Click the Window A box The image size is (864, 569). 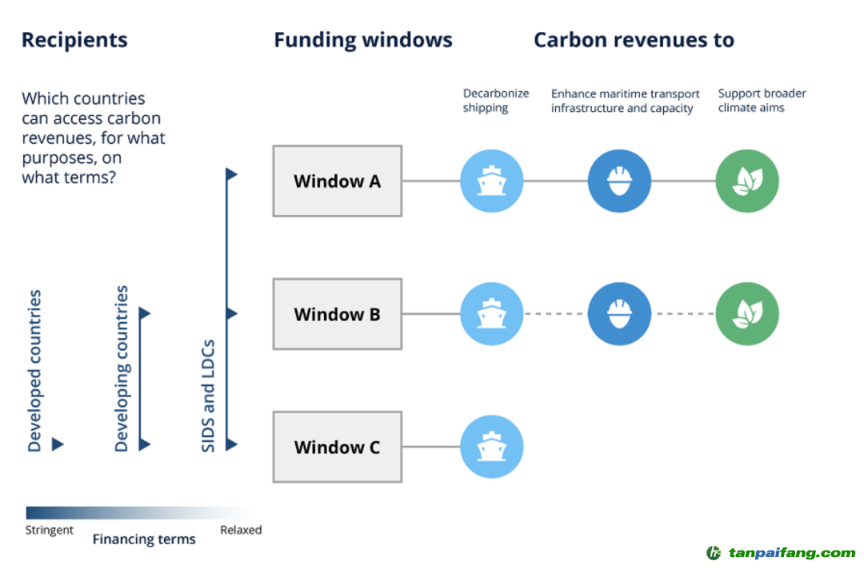337,181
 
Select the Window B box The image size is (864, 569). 337,314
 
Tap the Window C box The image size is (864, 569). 337,447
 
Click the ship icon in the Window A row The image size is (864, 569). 492,181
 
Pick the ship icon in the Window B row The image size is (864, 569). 492,314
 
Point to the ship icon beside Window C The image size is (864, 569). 492,447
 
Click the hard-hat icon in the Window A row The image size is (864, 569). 619,181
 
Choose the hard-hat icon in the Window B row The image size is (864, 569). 619,314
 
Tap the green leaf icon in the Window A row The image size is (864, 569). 746,181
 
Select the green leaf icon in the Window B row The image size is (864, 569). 746,314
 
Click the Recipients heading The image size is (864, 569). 74,40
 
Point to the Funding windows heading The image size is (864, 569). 363,40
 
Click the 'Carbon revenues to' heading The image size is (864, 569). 634,40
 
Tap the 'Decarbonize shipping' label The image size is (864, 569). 496,101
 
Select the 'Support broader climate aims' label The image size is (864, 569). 762,101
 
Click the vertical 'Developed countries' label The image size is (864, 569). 34,371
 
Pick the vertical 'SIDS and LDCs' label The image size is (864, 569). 208,395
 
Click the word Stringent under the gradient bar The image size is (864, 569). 50,530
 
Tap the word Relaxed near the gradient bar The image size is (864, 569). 241,530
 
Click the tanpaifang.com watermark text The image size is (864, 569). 790,553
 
